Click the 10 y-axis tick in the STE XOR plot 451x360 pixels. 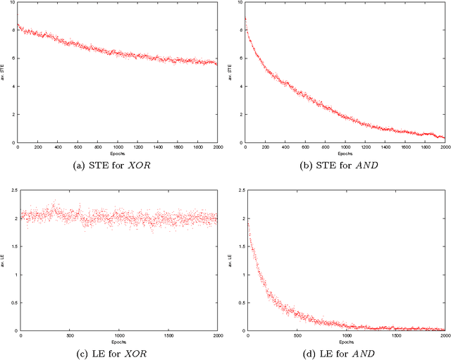click(13, 3)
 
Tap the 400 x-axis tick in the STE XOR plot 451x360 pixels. click(58, 148)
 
